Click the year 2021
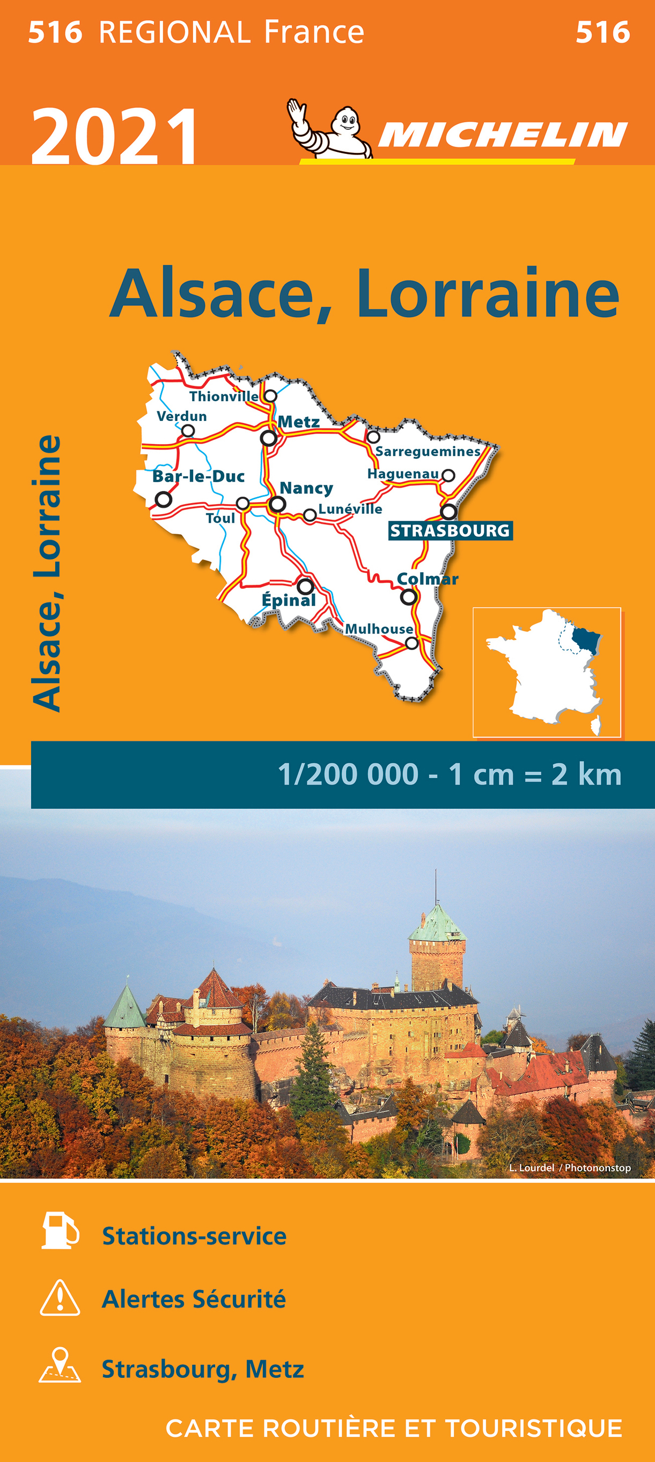(x=115, y=136)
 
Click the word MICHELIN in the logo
(x=502, y=135)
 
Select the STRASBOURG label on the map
(x=450, y=530)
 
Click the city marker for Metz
(x=268, y=438)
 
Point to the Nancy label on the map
(x=306, y=488)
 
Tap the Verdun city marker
(x=188, y=431)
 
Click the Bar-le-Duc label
(x=198, y=476)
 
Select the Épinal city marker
(x=305, y=586)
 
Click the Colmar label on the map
(x=427, y=579)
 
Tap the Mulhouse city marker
(x=412, y=643)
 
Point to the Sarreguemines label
(x=428, y=451)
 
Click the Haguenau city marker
(x=448, y=476)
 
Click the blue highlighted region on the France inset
(x=586, y=640)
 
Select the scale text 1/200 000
(x=348, y=774)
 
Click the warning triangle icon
(x=60, y=1298)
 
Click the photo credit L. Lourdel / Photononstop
(x=569, y=1168)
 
